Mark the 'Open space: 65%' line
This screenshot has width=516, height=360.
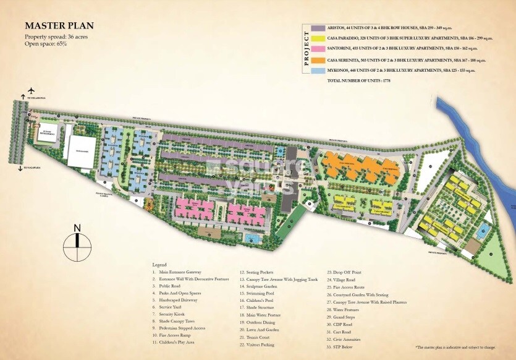[46, 44]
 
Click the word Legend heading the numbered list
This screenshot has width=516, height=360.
[159, 264]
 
